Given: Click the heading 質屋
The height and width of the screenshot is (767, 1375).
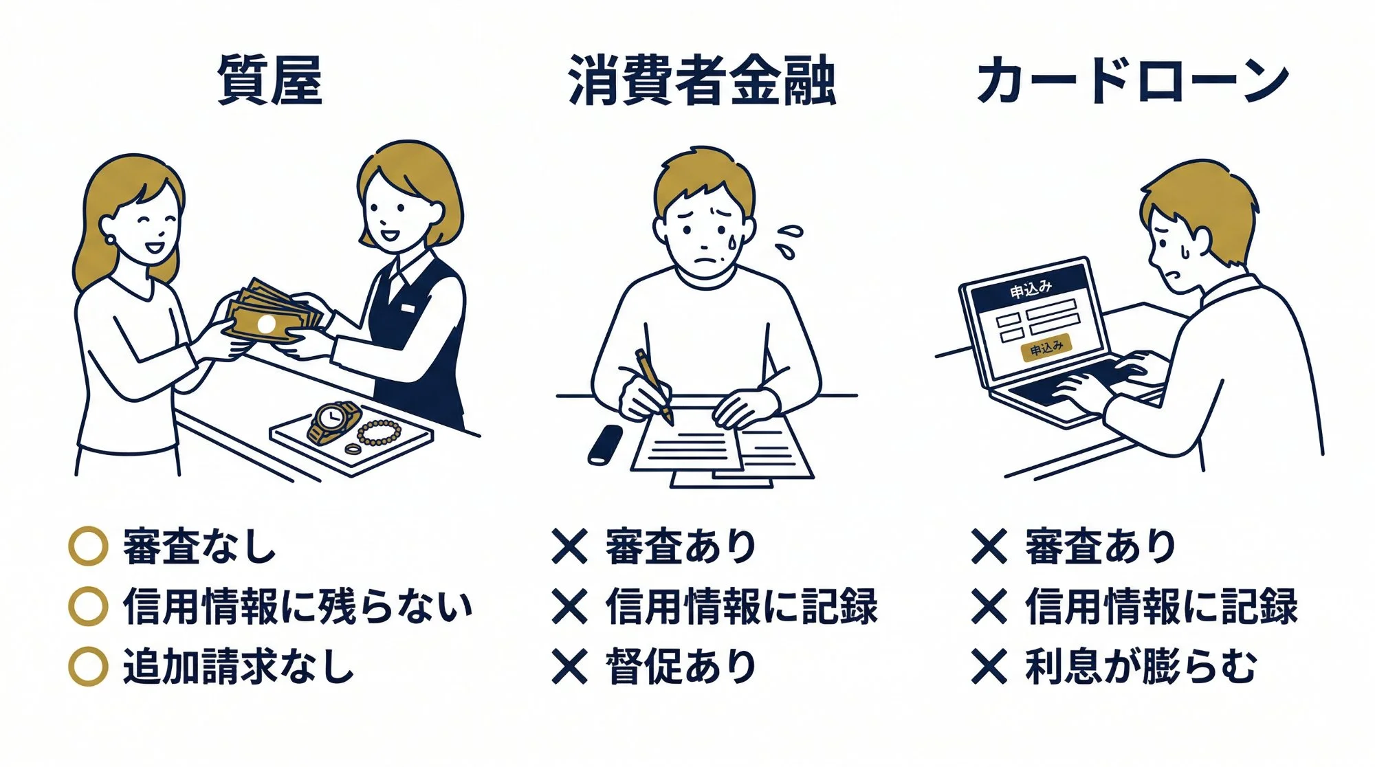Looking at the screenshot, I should (x=269, y=80).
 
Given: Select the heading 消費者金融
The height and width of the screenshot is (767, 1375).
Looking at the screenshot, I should (x=702, y=81).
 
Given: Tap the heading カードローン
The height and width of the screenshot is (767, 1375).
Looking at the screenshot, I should (x=1132, y=81).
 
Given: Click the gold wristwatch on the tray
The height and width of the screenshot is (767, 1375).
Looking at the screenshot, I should (x=333, y=420).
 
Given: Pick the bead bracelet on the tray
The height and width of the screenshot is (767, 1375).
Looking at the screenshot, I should (x=379, y=432).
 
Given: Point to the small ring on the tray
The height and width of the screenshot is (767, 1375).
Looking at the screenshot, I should (x=352, y=449).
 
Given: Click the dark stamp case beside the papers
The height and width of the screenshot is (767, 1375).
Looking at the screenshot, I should (x=605, y=445).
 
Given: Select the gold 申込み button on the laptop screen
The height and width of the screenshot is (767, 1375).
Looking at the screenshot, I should (x=1046, y=348).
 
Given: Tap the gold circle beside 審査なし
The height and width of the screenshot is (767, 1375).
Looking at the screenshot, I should (x=88, y=546).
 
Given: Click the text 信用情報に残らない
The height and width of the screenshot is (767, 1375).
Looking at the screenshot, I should (x=298, y=606).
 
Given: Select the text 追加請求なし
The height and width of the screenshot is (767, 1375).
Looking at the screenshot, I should (x=238, y=666).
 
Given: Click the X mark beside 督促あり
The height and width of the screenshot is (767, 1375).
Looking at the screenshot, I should (x=569, y=666).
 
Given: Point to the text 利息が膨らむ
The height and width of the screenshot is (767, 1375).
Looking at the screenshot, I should (x=1141, y=666).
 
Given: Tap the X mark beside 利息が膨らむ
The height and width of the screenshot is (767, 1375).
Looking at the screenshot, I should (x=989, y=666).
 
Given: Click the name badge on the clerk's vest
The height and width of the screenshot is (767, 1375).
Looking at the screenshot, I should (x=408, y=307).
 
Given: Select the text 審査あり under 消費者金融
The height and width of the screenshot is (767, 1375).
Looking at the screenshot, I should (x=681, y=546).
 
